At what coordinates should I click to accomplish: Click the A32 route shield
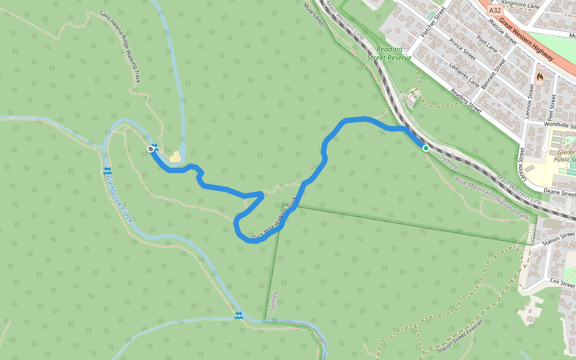495,10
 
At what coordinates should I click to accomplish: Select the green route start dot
425,148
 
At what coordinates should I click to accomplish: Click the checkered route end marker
151,148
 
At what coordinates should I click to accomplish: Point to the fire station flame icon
540,77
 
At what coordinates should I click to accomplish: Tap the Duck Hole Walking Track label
274,220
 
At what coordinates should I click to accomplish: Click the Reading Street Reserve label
390,54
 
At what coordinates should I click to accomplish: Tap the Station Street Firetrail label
460,340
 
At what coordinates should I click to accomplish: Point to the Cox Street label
562,282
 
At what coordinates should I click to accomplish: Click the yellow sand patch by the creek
175,157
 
